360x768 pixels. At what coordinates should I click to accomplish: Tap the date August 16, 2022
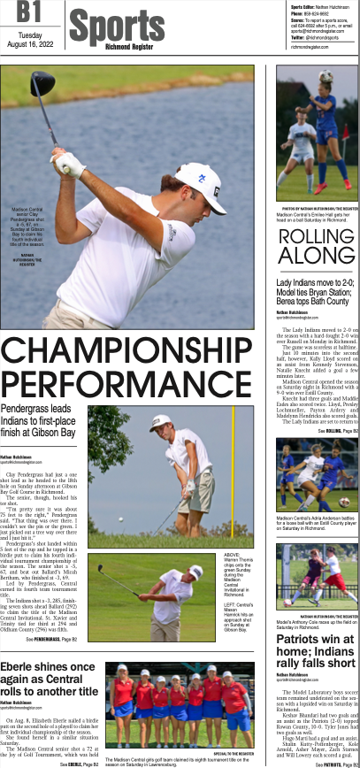pyautogui.click(x=30, y=45)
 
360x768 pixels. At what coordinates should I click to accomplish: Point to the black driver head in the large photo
pyautogui.click(x=44, y=83)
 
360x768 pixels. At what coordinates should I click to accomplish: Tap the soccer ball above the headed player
pyautogui.click(x=326, y=76)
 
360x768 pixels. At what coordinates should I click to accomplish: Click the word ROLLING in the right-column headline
pyautogui.click(x=316, y=236)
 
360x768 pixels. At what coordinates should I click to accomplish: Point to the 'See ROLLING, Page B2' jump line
pyautogui.click(x=334, y=430)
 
